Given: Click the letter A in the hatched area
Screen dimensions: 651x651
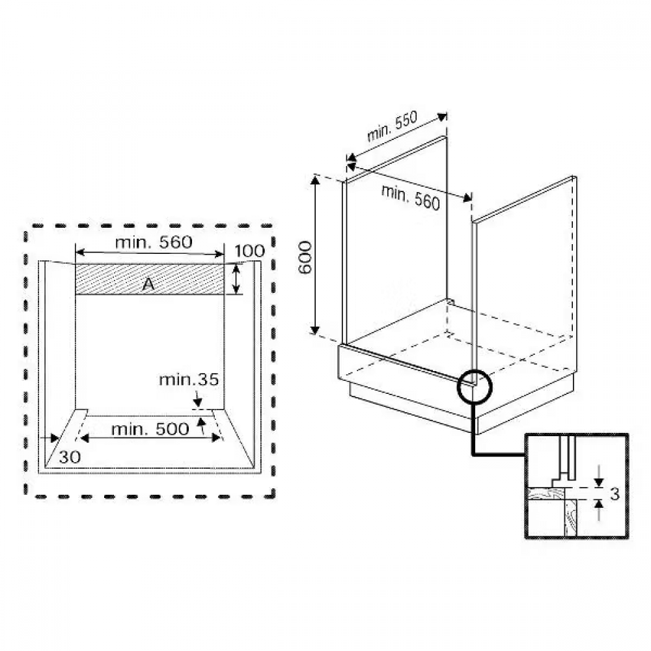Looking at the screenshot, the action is pyautogui.click(x=148, y=284).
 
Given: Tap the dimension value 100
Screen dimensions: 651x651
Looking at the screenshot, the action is pyautogui.click(x=249, y=251).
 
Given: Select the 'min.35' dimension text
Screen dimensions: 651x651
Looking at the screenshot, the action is pyautogui.click(x=189, y=380).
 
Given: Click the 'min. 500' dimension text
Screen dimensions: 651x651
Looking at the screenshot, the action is pyautogui.click(x=150, y=429).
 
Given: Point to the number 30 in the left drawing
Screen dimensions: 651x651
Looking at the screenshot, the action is pyautogui.click(x=70, y=457).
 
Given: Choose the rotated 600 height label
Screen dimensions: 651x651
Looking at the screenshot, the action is pyautogui.click(x=305, y=257).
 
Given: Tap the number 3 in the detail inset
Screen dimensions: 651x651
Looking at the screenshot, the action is pyautogui.click(x=615, y=494).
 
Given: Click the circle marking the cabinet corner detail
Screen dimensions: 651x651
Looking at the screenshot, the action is pyautogui.click(x=458, y=386).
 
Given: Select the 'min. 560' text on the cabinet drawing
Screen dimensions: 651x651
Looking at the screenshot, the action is pyautogui.click(x=410, y=197).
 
